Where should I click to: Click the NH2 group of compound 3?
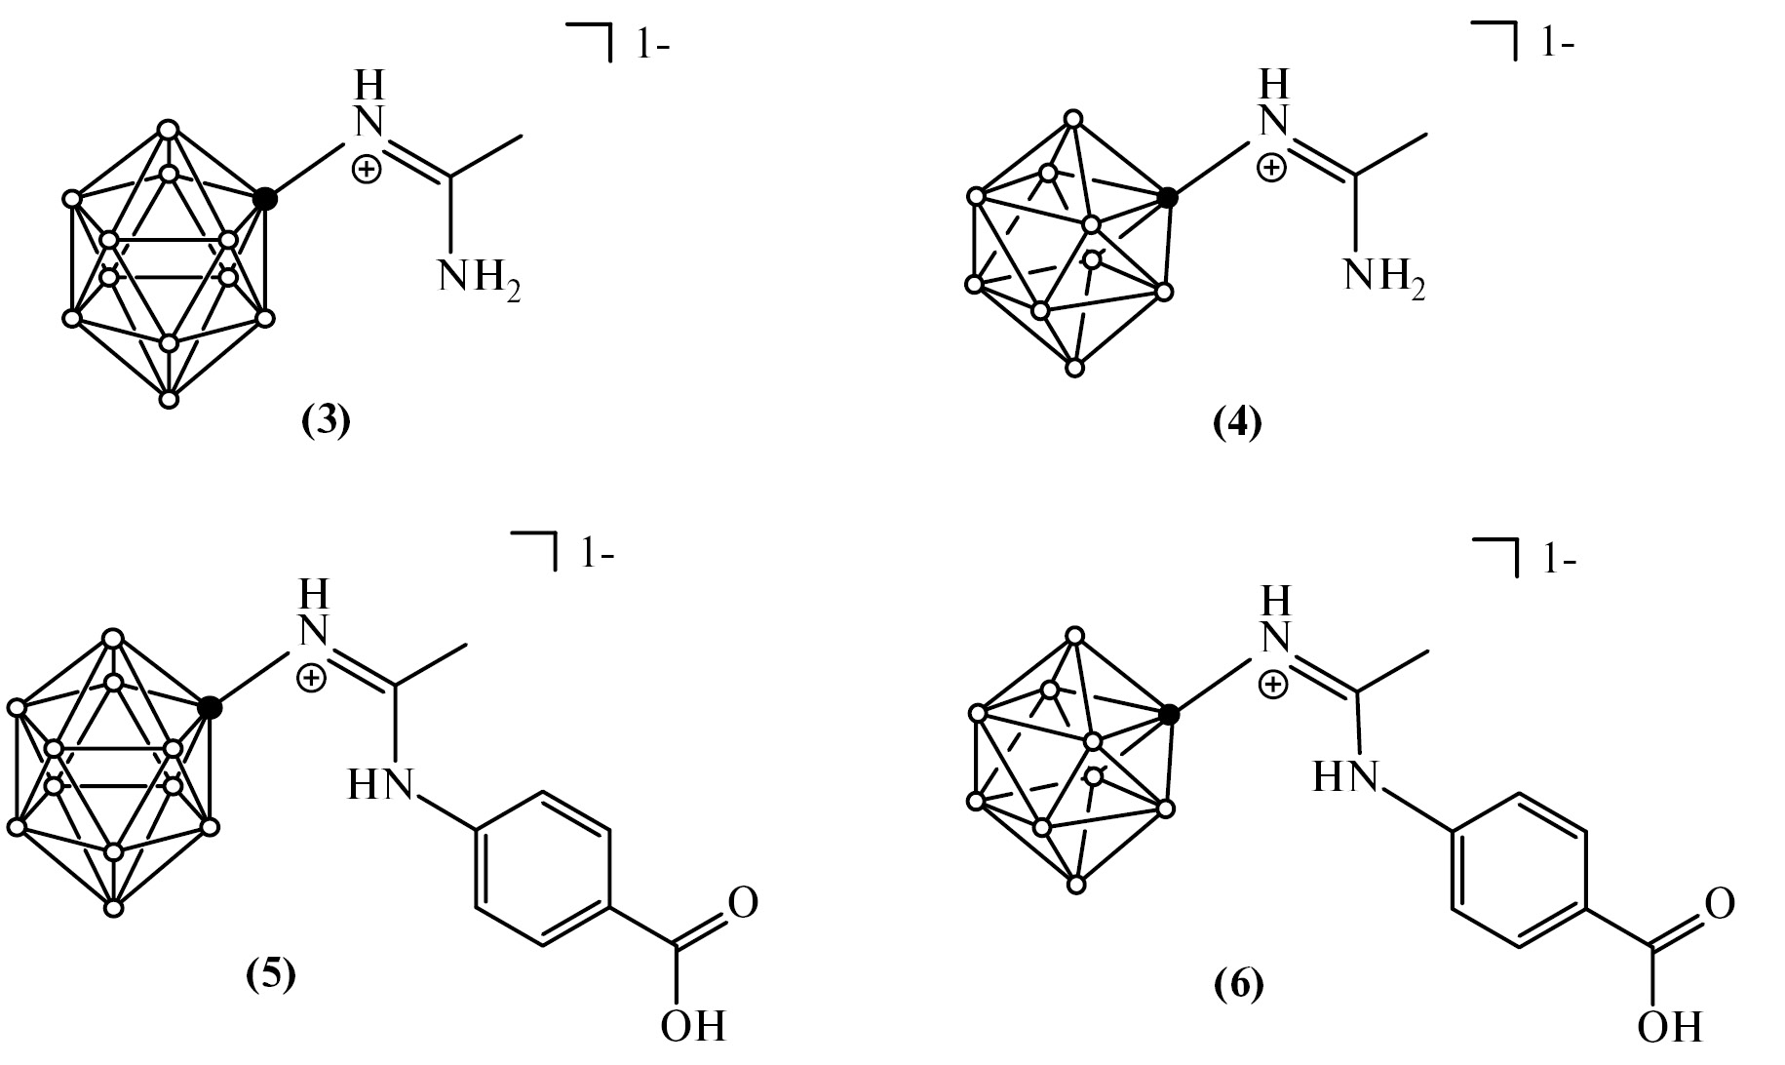coord(479,279)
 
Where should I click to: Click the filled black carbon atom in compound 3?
coord(265,199)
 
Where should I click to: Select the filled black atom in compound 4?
coord(1170,198)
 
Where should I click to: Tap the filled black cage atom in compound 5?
coord(210,708)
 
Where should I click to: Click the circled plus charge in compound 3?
coord(367,171)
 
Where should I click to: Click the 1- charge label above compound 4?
coord(1557,44)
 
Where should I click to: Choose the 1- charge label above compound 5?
coord(598,555)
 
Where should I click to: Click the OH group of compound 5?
coord(693,1025)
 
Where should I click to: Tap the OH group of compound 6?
coord(1670,1027)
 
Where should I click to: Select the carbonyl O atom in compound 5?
coord(743,902)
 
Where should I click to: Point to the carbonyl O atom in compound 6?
coord(1720,904)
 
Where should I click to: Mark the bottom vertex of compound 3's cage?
coord(169,399)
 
